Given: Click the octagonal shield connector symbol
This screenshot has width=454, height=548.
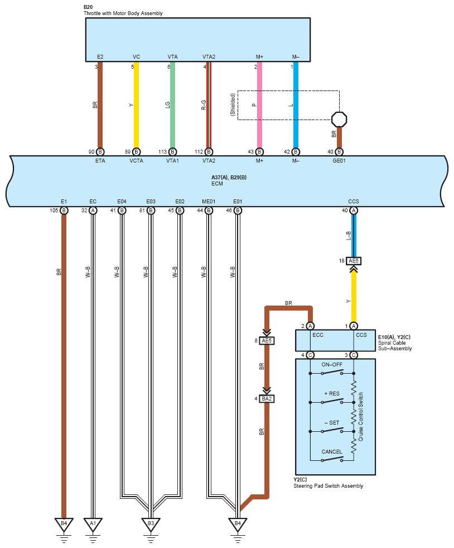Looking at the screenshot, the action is tap(339, 119).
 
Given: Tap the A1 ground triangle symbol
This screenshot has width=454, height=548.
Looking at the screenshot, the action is tap(93, 524).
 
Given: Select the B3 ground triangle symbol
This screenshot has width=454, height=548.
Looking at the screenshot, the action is tap(151, 524).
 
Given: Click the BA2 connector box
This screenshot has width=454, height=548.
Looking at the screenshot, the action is tap(267, 399).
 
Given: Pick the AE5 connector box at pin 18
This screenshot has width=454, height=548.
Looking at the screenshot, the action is tap(354, 261).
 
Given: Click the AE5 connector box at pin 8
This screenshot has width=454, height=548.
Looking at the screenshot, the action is tap(267, 341).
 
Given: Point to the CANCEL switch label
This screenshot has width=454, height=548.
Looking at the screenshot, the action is tap(332, 451).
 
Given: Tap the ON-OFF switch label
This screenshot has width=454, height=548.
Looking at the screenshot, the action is tap(332, 365).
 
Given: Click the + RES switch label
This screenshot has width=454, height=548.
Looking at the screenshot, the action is tap(332, 393).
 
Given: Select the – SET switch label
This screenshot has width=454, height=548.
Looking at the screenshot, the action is tap(332, 422).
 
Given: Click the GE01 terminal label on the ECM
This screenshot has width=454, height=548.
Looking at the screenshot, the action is tap(339, 161).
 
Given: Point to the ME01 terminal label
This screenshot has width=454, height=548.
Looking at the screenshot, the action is tap(209, 201).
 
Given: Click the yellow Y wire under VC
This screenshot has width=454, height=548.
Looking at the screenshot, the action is tap(137, 105).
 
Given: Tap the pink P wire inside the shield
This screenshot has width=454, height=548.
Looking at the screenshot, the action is tap(260, 105).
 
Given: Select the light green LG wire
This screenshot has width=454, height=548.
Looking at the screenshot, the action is tap(173, 105).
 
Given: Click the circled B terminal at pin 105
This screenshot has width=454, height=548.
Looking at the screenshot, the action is tap(64, 211).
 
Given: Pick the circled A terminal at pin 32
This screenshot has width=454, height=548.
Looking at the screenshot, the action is tap(93, 211).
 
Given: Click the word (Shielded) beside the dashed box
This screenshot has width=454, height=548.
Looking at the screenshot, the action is tap(233, 104).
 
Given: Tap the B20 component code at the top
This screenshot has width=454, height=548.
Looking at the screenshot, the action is tap(88, 7).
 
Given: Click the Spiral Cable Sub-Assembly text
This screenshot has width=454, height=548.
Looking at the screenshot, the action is tap(395, 346).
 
